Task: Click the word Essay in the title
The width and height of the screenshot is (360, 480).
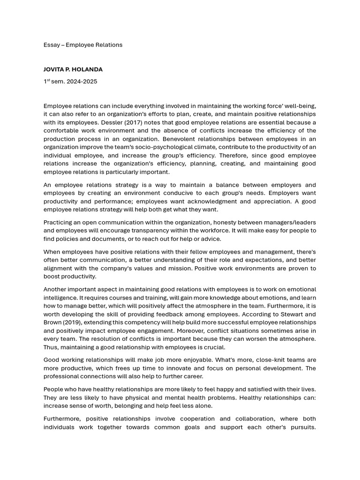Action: point(51,45)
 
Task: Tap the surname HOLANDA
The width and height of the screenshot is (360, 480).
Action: point(89,69)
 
